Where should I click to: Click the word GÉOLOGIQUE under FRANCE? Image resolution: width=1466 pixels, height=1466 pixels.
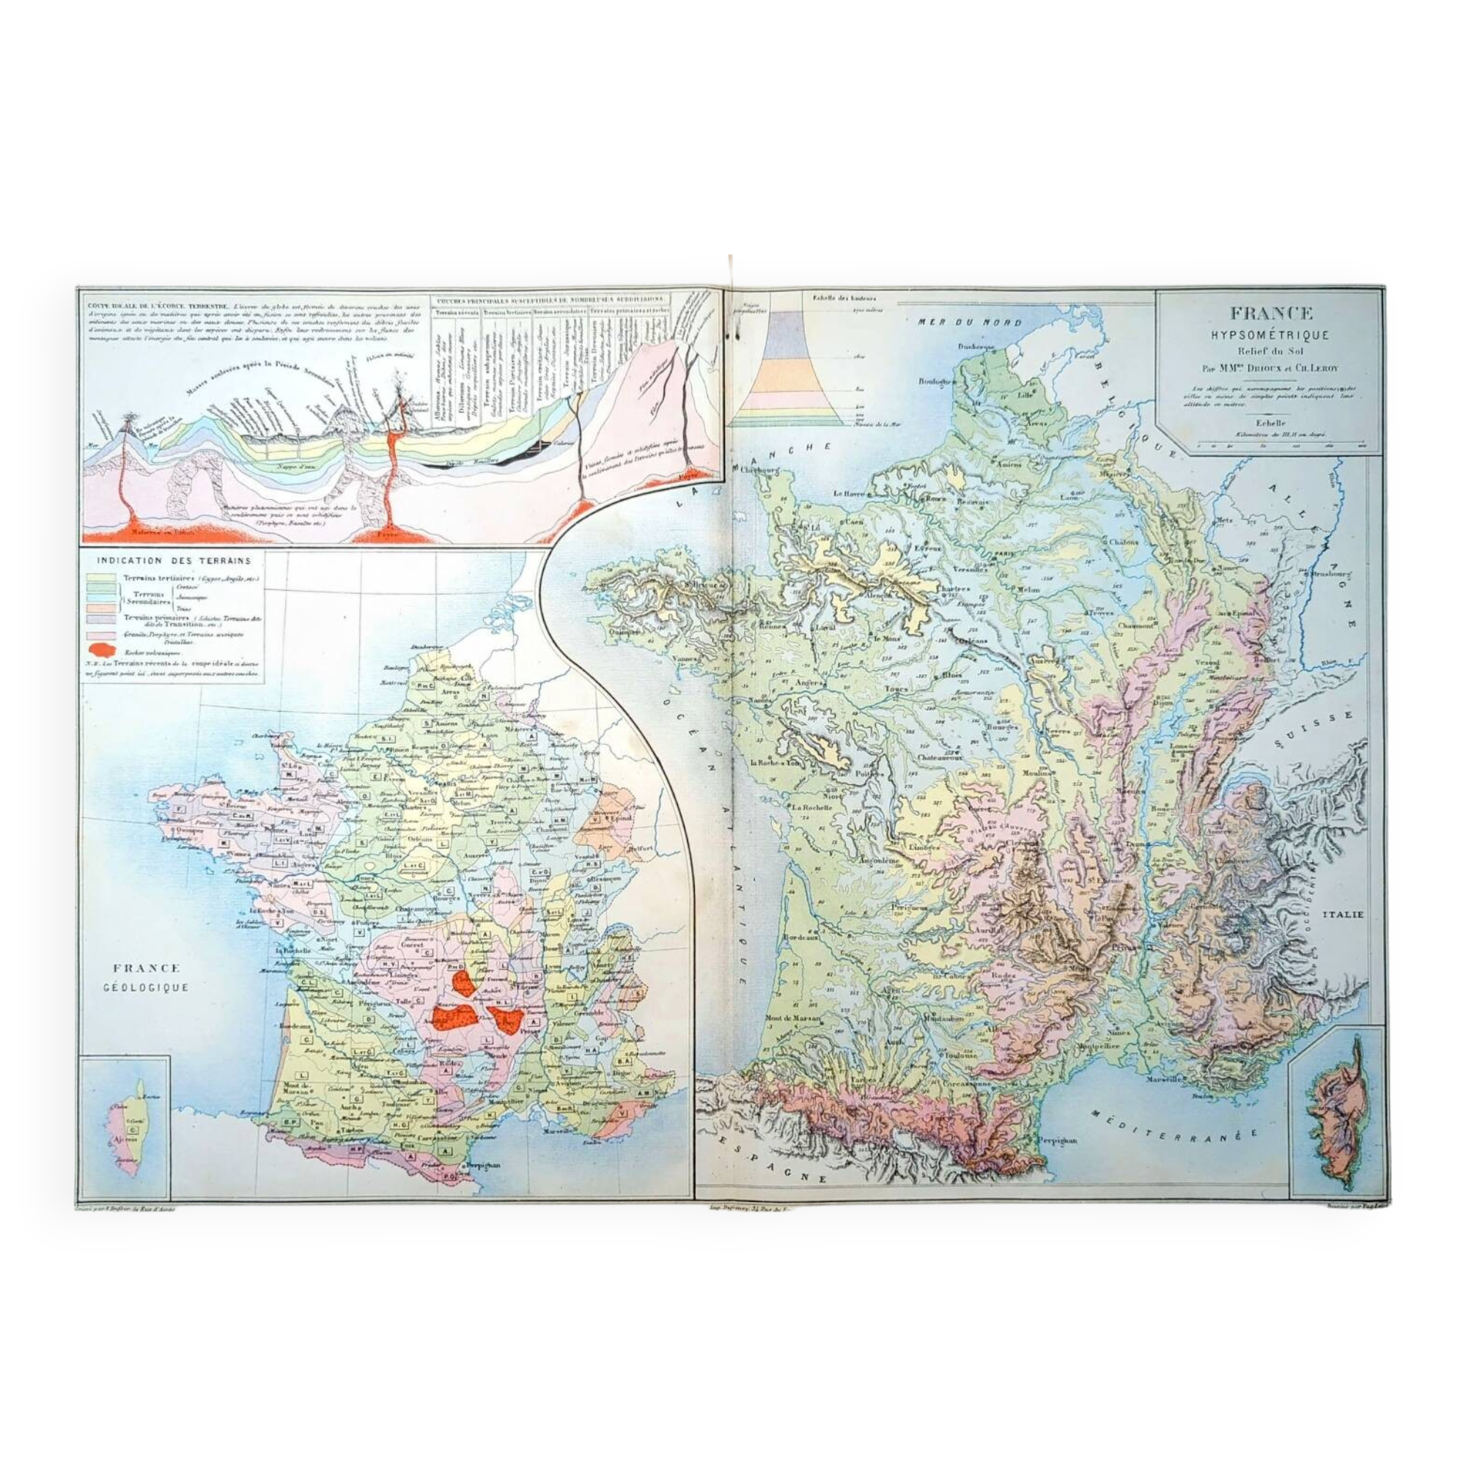[x=147, y=987]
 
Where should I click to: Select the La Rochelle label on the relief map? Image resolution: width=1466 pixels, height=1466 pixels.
[x=813, y=807]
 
